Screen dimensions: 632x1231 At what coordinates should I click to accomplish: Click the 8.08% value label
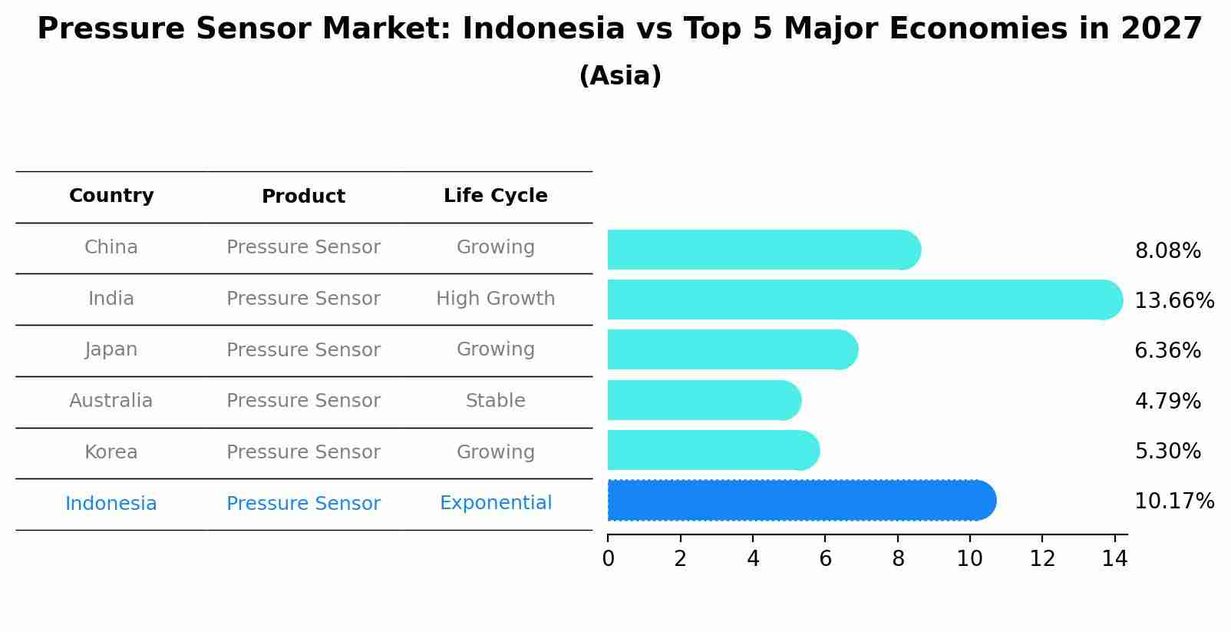pos(1167,251)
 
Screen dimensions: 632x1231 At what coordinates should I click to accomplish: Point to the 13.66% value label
pos(1173,301)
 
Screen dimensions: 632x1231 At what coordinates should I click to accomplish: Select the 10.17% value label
pos(1173,501)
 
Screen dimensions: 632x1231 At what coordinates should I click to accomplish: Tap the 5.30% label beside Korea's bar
pos(1167,452)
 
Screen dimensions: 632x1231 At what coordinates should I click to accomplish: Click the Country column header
pos(111,196)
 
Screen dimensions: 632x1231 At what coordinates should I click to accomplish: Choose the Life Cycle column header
pos(495,196)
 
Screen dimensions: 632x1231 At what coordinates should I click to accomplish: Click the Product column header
pos(303,197)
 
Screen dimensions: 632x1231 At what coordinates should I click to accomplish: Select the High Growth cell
pos(495,299)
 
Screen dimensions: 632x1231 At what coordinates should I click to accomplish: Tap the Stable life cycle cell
pos(495,401)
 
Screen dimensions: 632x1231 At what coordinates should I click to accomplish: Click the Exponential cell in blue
pos(495,503)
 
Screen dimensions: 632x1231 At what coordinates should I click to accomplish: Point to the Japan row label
pos(111,349)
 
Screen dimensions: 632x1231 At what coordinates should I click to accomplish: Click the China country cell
pos(111,247)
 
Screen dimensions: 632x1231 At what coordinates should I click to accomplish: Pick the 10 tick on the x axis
pos(969,559)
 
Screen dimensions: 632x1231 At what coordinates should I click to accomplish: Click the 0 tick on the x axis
pos(608,559)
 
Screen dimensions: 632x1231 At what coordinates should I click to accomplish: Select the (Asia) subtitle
pos(620,76)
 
